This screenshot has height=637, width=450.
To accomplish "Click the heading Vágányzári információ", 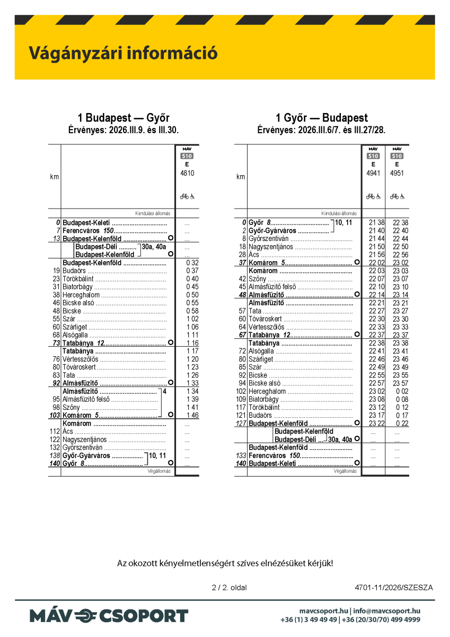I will coord(123,54).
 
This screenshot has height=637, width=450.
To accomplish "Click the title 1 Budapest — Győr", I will coord(123,118).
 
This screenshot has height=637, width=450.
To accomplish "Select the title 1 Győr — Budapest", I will coord(321,118).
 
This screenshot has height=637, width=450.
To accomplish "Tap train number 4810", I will coord(187,173).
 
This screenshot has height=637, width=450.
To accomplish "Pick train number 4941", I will coord(373,173).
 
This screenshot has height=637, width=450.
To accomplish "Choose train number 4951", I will coord(397,173).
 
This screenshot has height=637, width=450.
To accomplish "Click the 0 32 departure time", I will coord(192,263).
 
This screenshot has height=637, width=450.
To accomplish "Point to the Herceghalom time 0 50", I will coord(192,295).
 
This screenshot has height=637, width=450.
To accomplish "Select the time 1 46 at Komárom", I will coord(192,415).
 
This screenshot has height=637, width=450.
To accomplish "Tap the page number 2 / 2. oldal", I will coord(229,588).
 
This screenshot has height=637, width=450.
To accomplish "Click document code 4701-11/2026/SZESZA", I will coord(394,588).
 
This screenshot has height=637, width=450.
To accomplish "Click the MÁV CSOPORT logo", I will coord(109,616).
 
